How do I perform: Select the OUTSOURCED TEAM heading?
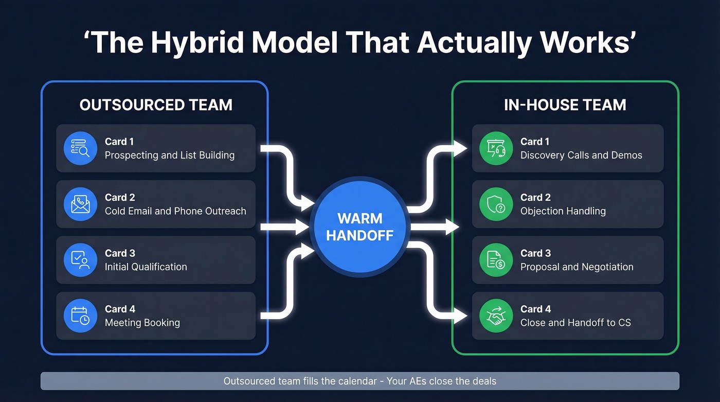[156, 105]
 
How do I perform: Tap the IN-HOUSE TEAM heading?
[565, 105]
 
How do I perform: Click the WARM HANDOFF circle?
[359, 227]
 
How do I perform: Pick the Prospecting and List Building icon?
[80, 148]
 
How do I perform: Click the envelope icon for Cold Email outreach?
[80, 204]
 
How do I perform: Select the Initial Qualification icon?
[80, 260]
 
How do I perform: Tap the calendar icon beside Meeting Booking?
[80, 316]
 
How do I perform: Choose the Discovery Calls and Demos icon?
[496, 148]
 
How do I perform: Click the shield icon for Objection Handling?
[496, 204]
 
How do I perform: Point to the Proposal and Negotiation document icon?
[496, 260]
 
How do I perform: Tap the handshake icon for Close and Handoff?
[496, 316]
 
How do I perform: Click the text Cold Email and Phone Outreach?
[175, 211]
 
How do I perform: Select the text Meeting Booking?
[142, 323]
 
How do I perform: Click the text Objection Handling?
[563, 211]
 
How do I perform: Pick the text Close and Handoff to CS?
[575, 323]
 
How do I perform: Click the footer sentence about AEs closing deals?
[359, 381]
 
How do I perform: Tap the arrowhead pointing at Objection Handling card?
[453, 226]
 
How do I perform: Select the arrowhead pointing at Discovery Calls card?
[460, 148]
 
